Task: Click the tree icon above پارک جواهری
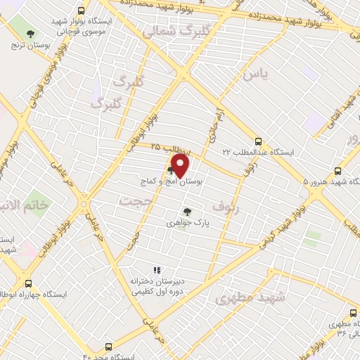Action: pos(187,211)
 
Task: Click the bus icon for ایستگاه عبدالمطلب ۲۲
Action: pos(258,141)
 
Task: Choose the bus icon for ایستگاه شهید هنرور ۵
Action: pos(338,171)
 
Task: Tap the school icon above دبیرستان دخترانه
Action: pos(157,270)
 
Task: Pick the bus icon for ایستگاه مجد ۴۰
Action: pos(108,347)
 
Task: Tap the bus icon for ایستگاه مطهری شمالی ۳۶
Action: pos(353,314)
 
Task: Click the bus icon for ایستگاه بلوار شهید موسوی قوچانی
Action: pos(82,12)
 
